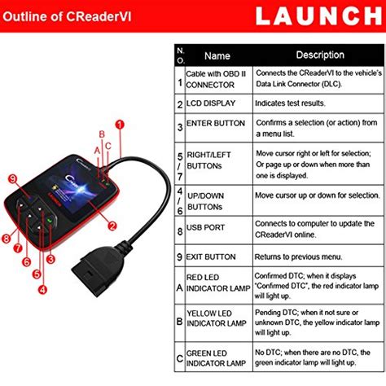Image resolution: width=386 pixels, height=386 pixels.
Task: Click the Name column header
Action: pyautogui.click(x=217, y=56)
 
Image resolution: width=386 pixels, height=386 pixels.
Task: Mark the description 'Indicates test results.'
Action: pyautogui.click(x=292, y=104)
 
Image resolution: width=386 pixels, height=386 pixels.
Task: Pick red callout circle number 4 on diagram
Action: pyautogui.click(x=42, y=288)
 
